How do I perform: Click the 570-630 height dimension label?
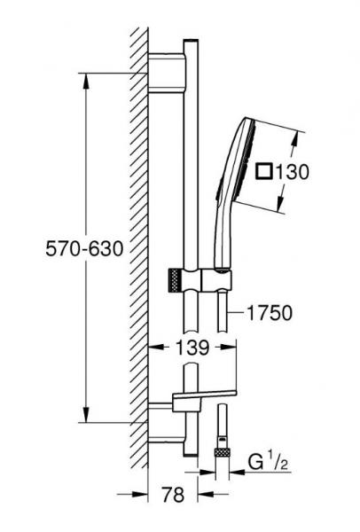tap(84, 248)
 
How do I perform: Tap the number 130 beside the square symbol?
tap(292, 172)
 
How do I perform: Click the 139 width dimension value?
tap(192, 348)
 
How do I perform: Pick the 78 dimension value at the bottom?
tap(173, 495)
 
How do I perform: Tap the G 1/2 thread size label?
tap(268, 462)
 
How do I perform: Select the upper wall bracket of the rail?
tap(168, 73)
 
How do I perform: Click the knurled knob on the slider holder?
tap(174, 280)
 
